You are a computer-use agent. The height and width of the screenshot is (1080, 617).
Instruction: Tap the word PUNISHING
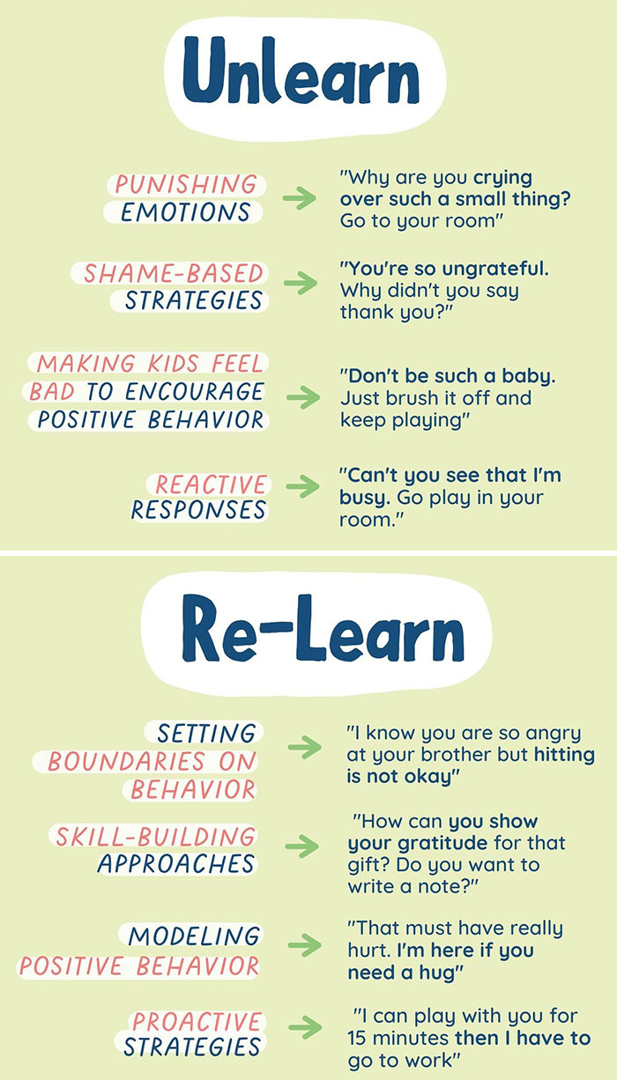(x=185, y=185)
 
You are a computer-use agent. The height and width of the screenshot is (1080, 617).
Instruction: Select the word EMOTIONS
(x=185, y=212)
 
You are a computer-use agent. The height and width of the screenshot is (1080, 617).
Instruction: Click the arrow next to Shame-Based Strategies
(x=301, y=284)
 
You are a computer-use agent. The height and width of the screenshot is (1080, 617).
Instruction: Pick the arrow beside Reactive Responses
(x=301, y=486)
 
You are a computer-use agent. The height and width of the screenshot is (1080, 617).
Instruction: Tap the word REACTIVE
(x=210, y=485)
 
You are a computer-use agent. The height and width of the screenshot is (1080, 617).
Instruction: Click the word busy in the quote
(x=364, y=498)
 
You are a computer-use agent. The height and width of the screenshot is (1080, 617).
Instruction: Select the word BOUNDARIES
(x=152, y=761)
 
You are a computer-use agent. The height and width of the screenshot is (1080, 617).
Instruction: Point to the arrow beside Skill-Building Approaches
(x=302, y=847)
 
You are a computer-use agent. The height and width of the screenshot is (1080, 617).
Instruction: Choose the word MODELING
(x=194, y=936)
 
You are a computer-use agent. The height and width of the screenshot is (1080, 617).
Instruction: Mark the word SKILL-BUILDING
(x=155, y=836)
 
